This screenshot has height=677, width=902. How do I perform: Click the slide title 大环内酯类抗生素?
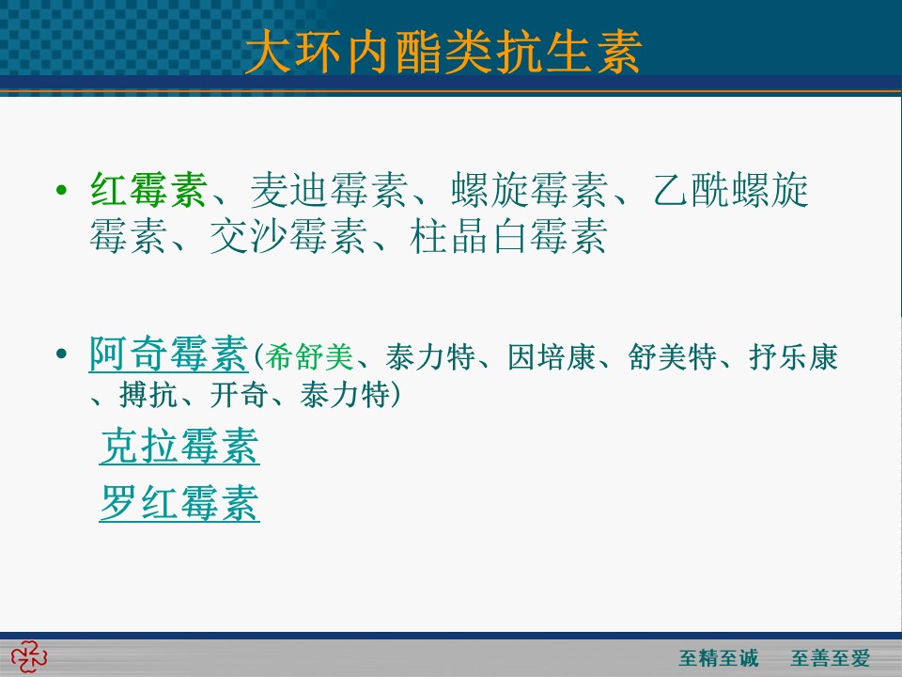443,52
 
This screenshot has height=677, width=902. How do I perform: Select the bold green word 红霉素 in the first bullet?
149,189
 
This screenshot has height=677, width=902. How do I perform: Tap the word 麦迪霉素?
329,189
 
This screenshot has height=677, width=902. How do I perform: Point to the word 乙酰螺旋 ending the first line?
731,189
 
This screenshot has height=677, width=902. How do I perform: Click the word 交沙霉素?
288,236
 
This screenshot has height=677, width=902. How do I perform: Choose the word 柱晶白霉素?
508,236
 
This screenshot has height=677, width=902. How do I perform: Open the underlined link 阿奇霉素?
168,354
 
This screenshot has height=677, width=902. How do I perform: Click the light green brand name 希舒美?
309,357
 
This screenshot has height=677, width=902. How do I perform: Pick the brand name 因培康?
552,357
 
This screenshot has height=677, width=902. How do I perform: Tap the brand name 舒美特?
673,357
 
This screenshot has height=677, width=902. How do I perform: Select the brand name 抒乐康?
793,357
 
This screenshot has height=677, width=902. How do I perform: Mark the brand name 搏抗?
148,395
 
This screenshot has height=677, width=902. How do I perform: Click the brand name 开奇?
238,395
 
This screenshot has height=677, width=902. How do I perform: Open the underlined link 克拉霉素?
179,446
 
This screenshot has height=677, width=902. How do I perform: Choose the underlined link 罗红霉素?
179,503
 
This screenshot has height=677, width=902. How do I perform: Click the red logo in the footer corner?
29,657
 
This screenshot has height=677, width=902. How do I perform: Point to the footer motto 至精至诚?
719,657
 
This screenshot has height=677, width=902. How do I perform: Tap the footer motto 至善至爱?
830,657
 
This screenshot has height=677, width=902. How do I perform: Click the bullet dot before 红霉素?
62,189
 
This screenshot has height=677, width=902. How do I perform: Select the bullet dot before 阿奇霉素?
62,353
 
